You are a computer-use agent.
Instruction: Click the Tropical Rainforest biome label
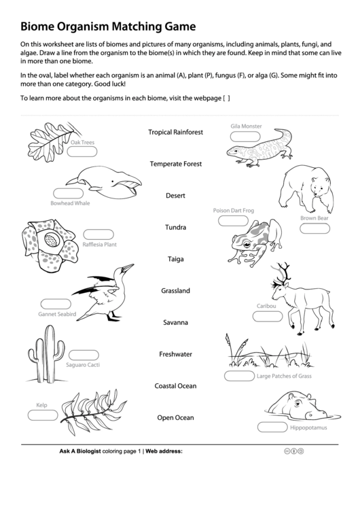175,132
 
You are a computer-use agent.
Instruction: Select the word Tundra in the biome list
175,227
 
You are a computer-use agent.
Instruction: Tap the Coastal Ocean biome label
175,386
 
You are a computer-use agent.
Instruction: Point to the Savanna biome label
175,322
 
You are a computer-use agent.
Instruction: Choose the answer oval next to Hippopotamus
272,427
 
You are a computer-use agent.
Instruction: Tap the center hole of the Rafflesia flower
51,241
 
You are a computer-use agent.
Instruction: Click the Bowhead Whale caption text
70,203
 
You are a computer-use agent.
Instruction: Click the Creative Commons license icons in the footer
293,451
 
